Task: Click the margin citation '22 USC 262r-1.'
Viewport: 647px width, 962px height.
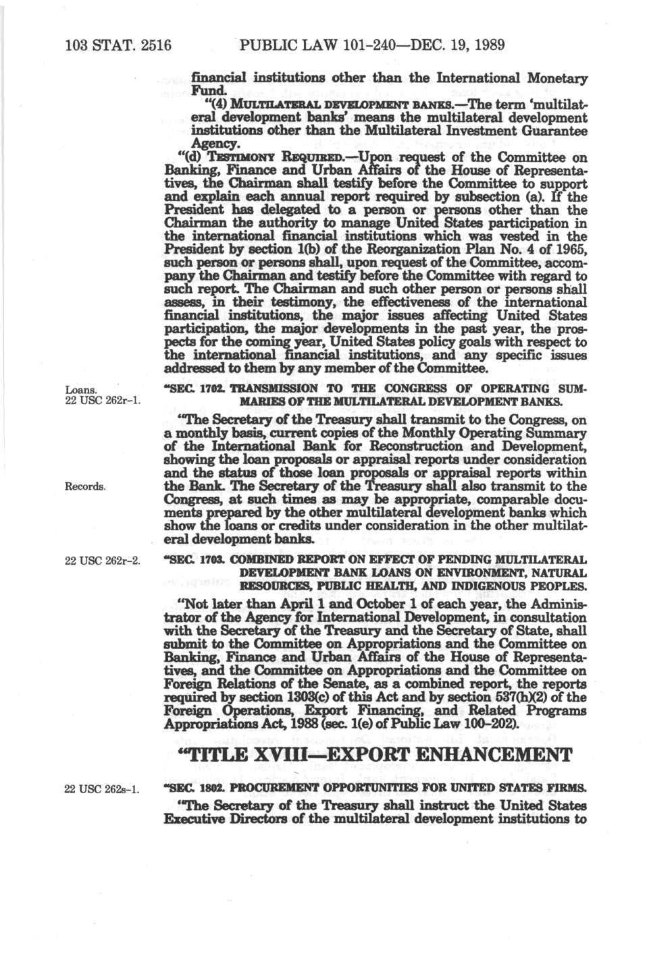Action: tap(102, 402)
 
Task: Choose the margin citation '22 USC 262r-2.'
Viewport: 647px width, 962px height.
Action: tap(102, 559)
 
